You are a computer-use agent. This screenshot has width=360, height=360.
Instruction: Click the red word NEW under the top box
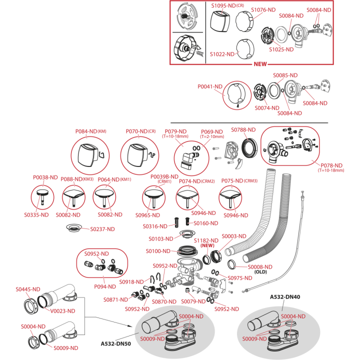260,64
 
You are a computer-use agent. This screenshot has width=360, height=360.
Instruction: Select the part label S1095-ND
223,5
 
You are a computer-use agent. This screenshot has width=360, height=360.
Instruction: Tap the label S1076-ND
263,10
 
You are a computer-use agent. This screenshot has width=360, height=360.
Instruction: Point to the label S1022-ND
222,54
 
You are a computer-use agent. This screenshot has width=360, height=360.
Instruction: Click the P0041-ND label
210,86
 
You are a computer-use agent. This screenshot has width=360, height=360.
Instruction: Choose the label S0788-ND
243,129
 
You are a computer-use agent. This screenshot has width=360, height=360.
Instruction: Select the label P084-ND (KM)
90,131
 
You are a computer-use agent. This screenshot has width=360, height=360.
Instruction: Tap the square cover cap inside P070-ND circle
136,155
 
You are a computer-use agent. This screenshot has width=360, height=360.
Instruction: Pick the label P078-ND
331,165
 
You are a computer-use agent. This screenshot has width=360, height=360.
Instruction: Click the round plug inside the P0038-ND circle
42,197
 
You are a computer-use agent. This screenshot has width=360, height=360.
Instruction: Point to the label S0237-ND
102,229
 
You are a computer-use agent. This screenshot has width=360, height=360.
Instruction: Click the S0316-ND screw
176,222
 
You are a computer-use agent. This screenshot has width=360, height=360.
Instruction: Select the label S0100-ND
158,251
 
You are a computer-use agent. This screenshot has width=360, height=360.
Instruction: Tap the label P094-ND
105,286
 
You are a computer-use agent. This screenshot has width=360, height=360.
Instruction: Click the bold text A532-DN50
115,343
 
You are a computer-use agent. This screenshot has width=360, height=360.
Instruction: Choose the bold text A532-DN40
285,297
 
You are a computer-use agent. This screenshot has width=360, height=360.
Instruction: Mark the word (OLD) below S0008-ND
260,272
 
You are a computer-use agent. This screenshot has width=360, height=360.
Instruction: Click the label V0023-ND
62,311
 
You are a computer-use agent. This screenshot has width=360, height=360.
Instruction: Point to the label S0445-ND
28,289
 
